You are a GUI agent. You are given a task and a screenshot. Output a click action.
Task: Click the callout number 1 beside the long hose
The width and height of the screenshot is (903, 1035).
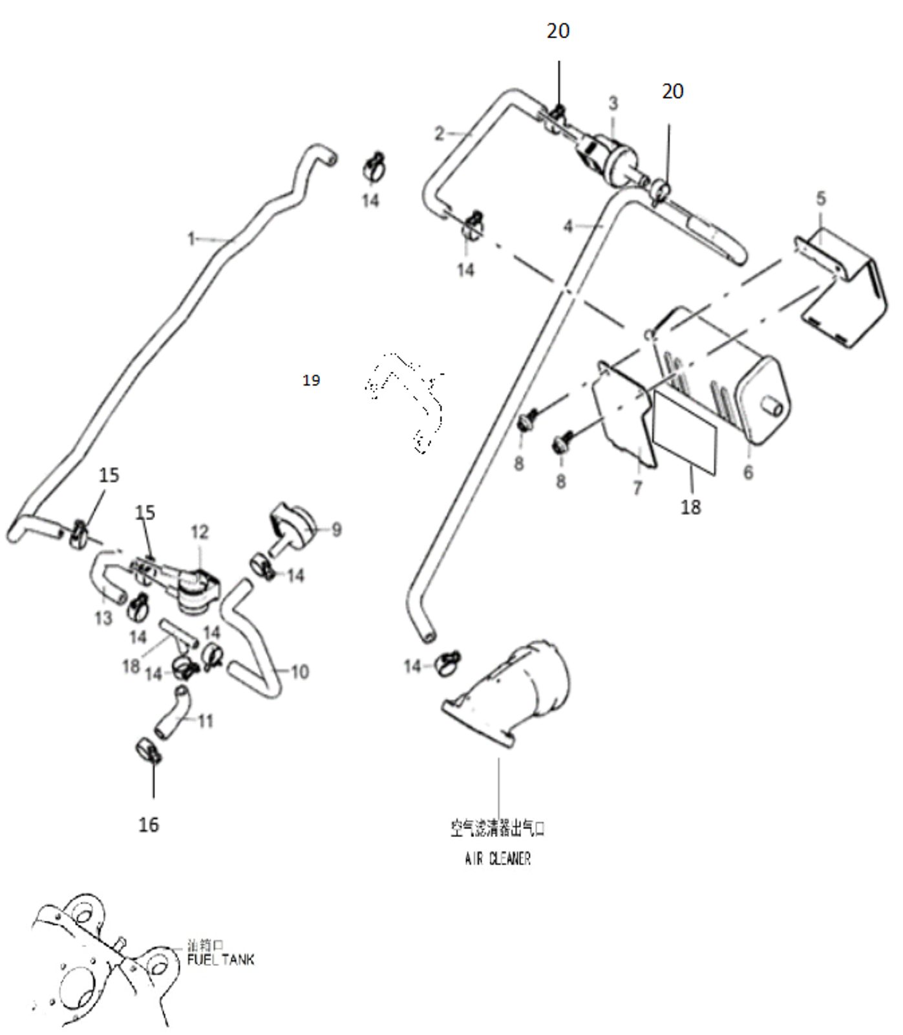click(191, 239)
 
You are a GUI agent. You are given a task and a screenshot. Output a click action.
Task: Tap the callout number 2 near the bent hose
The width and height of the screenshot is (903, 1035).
click(440, 134)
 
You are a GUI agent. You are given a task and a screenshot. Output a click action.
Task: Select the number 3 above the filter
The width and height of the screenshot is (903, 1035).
click(613, 103)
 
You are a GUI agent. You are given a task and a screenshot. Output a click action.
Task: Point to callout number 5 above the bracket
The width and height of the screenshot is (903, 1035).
click(820, 199)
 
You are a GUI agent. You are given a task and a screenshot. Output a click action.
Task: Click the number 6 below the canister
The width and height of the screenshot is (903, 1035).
click(748, 472)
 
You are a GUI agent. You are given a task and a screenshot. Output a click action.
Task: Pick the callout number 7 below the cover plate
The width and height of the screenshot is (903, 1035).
click(638, 487)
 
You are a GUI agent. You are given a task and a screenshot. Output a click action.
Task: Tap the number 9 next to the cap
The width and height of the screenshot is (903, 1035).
click(336, 530)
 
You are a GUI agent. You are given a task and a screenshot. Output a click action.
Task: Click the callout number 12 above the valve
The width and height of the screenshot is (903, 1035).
click(200, 532)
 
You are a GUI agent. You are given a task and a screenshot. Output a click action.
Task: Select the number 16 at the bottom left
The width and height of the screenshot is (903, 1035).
click(149, 824)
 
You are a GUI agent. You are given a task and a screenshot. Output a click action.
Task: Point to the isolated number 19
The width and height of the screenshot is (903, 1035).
click(311, 380)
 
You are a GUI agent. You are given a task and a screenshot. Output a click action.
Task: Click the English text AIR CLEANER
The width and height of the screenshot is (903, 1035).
click(498, 859)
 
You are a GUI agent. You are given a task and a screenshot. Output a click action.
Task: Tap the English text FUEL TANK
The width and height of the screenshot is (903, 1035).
click(220, 959)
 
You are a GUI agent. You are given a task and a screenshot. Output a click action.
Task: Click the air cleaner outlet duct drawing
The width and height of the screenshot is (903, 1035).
click(511, 695)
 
